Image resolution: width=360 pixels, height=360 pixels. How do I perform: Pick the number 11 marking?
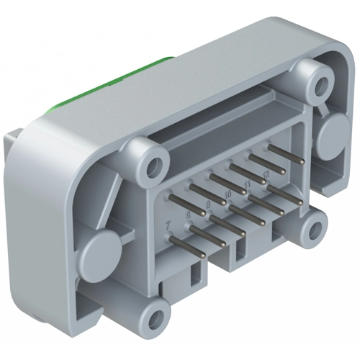tap(248, 184)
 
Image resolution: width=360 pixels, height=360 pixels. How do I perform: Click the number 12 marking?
tap(266, 174)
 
